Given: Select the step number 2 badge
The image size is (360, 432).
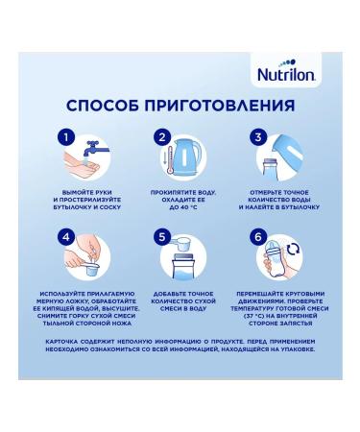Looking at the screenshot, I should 162,139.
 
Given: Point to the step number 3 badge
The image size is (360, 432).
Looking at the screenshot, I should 259,139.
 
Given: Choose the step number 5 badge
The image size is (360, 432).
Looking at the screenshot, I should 162,234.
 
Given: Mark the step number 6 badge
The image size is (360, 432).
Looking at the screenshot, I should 259,234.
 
